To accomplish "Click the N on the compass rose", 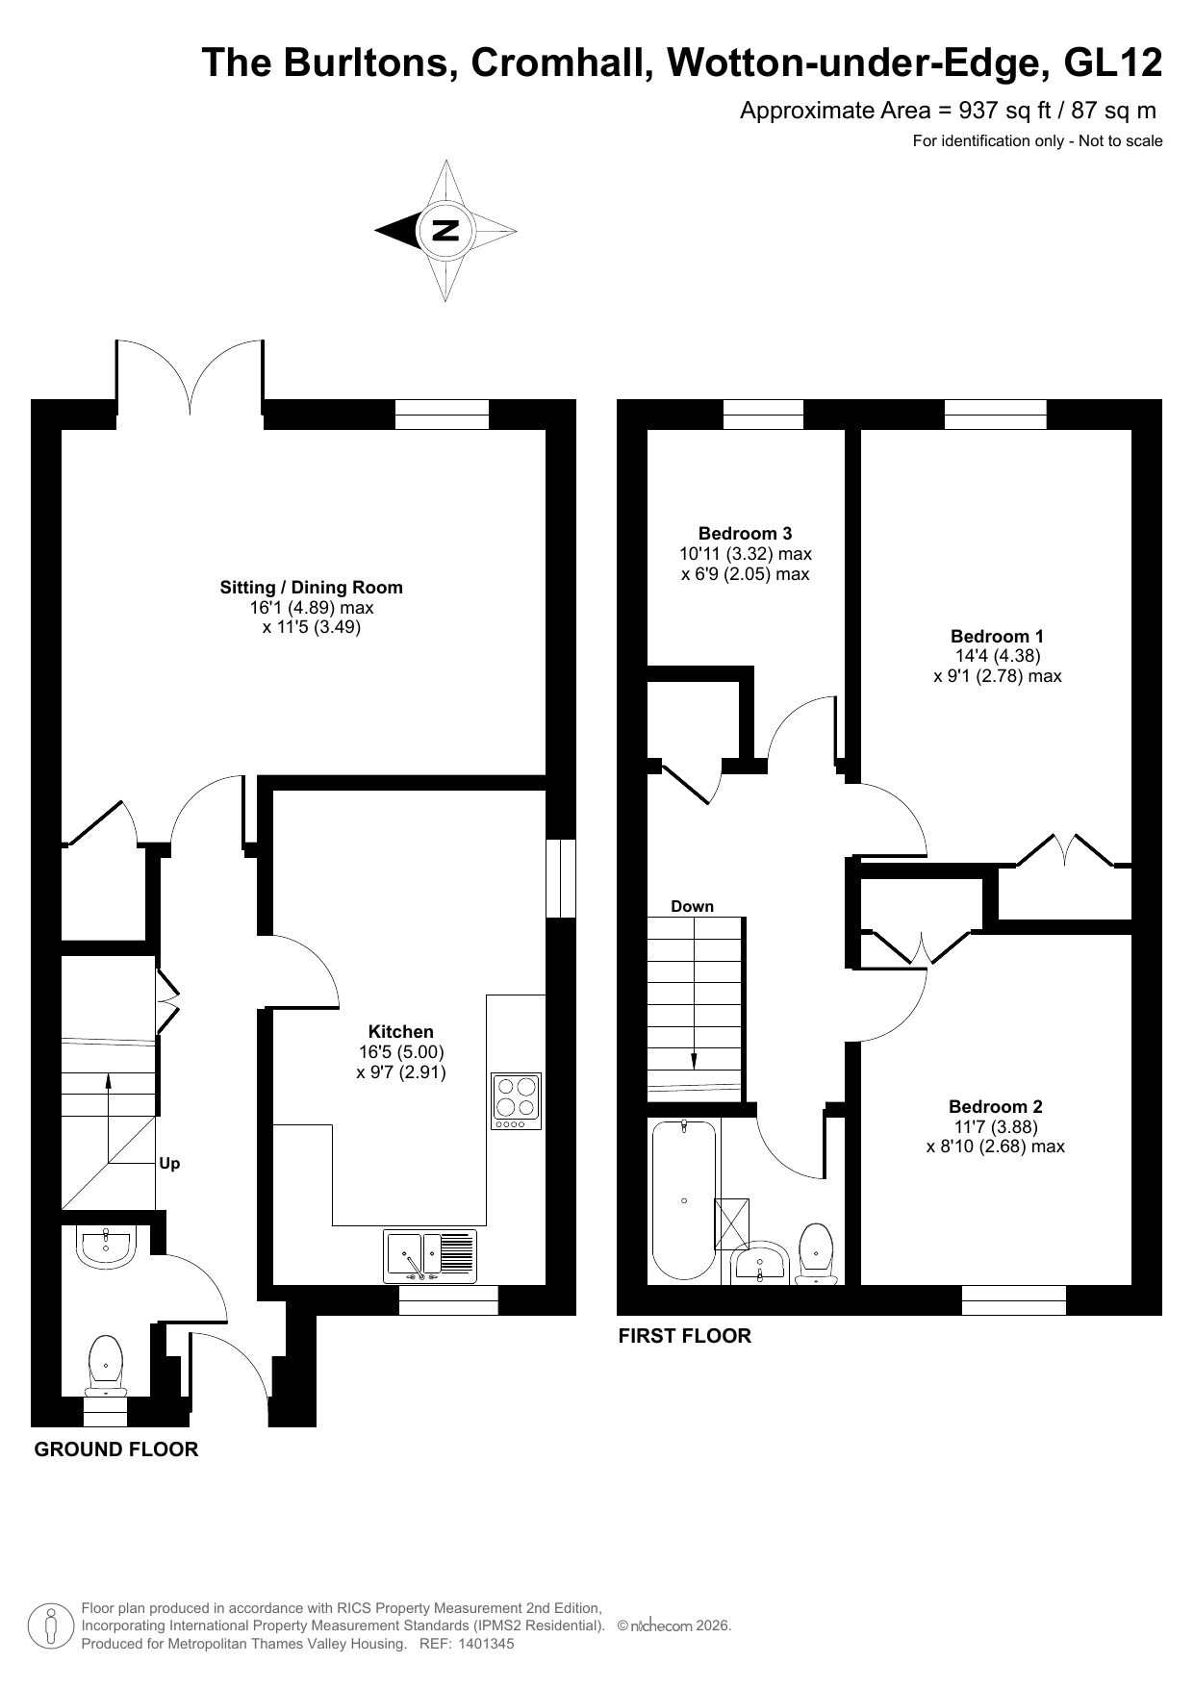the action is click(x=445, y=231).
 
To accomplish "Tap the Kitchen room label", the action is click(x=401, y=1032).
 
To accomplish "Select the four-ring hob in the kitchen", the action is click(x=517, y=1101).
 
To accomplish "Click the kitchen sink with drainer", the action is click(x=430, y=1255).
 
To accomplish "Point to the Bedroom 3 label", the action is click(x=745, y=534).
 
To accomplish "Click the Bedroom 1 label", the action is click(x=997, y=636).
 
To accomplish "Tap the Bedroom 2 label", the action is click(x=995, y=1107).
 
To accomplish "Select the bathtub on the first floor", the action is click(x=683, y=1199).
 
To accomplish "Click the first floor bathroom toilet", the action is click(x=817, y=1253).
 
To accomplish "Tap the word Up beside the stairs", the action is click(x=169, y=1163).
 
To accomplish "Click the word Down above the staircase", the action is click(x=692, y=906).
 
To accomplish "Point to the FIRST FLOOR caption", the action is click(x=684, y=1335).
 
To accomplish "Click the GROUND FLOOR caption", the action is click(x=116, y=1449).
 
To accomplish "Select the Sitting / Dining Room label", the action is click(x=312, y=588).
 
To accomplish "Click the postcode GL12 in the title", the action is click(x=1114, y=63).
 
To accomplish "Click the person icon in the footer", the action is click(x=52, y=1626).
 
